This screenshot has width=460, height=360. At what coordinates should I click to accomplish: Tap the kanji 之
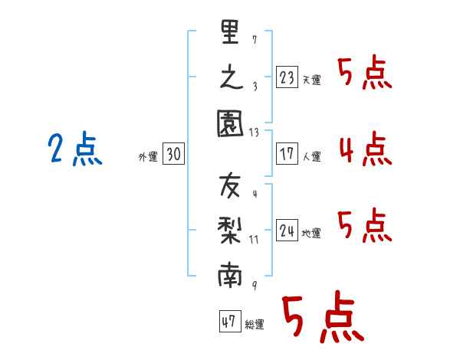click(x=230, y=79)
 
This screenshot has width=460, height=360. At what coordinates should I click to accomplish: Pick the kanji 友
click(x=230, y=186)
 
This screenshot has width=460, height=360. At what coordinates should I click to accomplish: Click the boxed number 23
click(x=287, y=77)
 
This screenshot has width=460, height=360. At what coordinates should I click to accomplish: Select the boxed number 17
click(x=287, y=154)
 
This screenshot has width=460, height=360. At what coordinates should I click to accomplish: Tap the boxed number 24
click(x=287, y=230)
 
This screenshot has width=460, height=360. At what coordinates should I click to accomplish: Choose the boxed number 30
click(x=172, y=154)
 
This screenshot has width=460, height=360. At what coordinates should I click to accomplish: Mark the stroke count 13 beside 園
click(x=255, y=133)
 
